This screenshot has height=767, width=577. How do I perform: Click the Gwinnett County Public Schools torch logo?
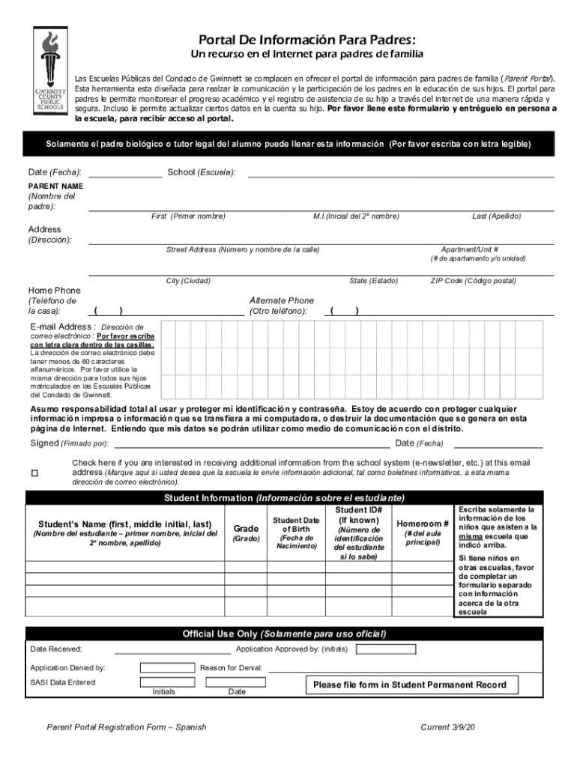click(x=50, y=70)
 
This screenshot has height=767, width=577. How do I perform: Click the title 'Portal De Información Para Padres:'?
click(x=306, y=39)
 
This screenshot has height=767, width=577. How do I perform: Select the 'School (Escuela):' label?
click(x=202, y=172)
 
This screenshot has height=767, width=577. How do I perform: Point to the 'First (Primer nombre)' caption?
click(x=188, y=216)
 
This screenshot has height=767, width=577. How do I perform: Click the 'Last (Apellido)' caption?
click(x=496, y=216)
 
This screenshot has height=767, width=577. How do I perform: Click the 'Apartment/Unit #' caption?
click(x=469, y=249)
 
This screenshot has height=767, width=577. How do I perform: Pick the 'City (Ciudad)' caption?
click(x=188, y=281)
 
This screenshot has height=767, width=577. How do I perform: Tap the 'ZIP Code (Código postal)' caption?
click(x=473, y=281)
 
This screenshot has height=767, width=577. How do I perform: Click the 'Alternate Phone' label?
click(x=281, y=300)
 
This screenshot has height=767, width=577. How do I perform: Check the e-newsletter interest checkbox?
click(x=34, y=473)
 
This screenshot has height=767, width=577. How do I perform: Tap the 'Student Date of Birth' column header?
click(x=296, y=533)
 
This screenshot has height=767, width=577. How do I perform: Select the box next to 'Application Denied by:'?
click(x=167, y=667)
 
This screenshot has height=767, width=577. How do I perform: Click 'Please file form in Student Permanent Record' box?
click(x=409, y=685)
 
